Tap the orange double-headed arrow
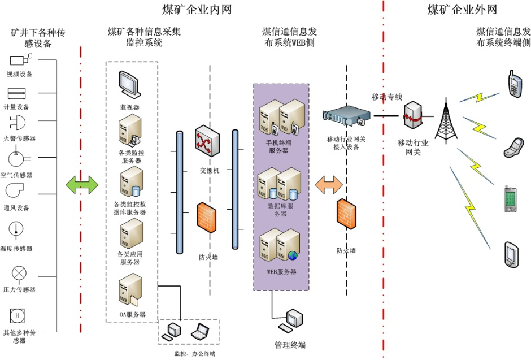(x=329, y=183)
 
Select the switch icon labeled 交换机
(x=206, y=141)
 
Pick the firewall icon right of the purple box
(x=346, y=215)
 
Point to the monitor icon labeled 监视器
(x=129, y=85)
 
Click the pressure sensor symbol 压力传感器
(x=19, y=274)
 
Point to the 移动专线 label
(x=386, y=97)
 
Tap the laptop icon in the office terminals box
(x=199, y=331)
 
